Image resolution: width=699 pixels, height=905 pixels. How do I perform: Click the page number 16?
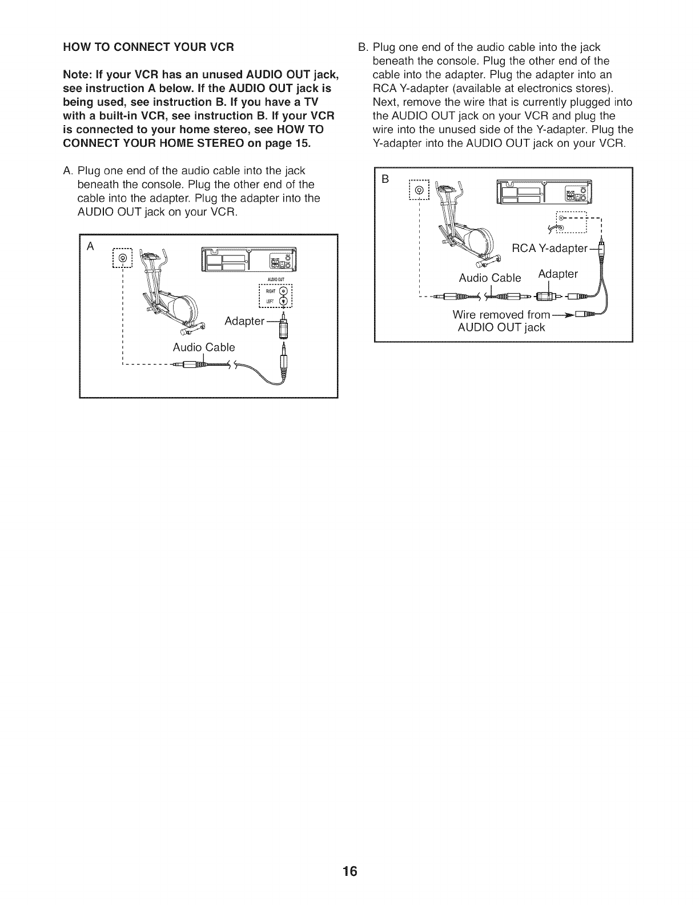point(349,871)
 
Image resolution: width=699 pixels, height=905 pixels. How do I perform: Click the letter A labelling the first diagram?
point(89,247)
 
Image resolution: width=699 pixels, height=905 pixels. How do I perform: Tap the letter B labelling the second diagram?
point(385,179)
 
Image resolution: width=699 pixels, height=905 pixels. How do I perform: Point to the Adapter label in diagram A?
point(244,321)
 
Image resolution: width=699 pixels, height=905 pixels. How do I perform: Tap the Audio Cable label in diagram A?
point(204,347)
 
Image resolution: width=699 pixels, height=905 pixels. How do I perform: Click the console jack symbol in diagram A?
point(122,260)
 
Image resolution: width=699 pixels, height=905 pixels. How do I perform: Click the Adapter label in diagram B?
point(558,274)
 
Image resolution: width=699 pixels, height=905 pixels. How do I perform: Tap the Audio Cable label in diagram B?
point(490,278)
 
